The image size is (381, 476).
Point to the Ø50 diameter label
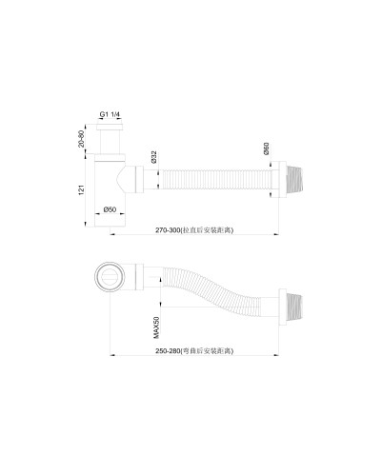pos(111,209)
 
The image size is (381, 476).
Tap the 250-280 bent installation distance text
pos(193,352)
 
